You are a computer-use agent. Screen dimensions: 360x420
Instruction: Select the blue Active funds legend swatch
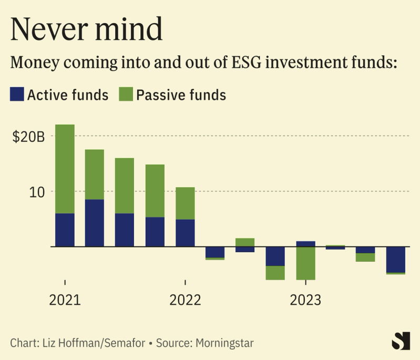tap(17, 95)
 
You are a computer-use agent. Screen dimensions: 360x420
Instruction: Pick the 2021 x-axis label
tap(65, 300)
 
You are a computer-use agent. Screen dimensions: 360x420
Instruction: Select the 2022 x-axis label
tap(185, 300)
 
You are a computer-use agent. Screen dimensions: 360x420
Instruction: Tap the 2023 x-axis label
tap(305, 300)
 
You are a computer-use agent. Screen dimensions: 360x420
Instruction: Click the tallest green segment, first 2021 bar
tap(65, 169)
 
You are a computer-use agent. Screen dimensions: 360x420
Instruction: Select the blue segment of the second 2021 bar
tap(95, 223)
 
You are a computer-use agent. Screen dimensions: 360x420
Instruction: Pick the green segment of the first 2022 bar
tap(185, 203)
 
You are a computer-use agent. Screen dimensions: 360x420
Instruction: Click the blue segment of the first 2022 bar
tap(185, 233)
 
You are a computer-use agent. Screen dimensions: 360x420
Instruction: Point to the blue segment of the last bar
tap(395, 259)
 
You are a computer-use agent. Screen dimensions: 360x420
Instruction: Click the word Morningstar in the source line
tap(224, 343)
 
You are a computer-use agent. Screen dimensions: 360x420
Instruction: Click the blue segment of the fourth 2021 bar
tap(155, 232)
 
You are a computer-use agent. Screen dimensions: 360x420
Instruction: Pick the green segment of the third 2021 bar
tap(125, 186)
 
